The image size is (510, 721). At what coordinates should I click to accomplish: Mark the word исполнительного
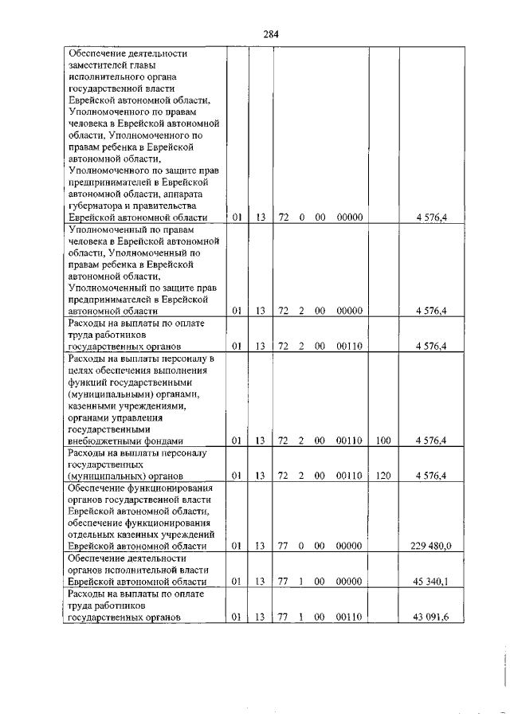[x=106, y=77]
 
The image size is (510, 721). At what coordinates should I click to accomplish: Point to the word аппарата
[x=191, y=194]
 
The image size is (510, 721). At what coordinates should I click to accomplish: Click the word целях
[x=81, y=370]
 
